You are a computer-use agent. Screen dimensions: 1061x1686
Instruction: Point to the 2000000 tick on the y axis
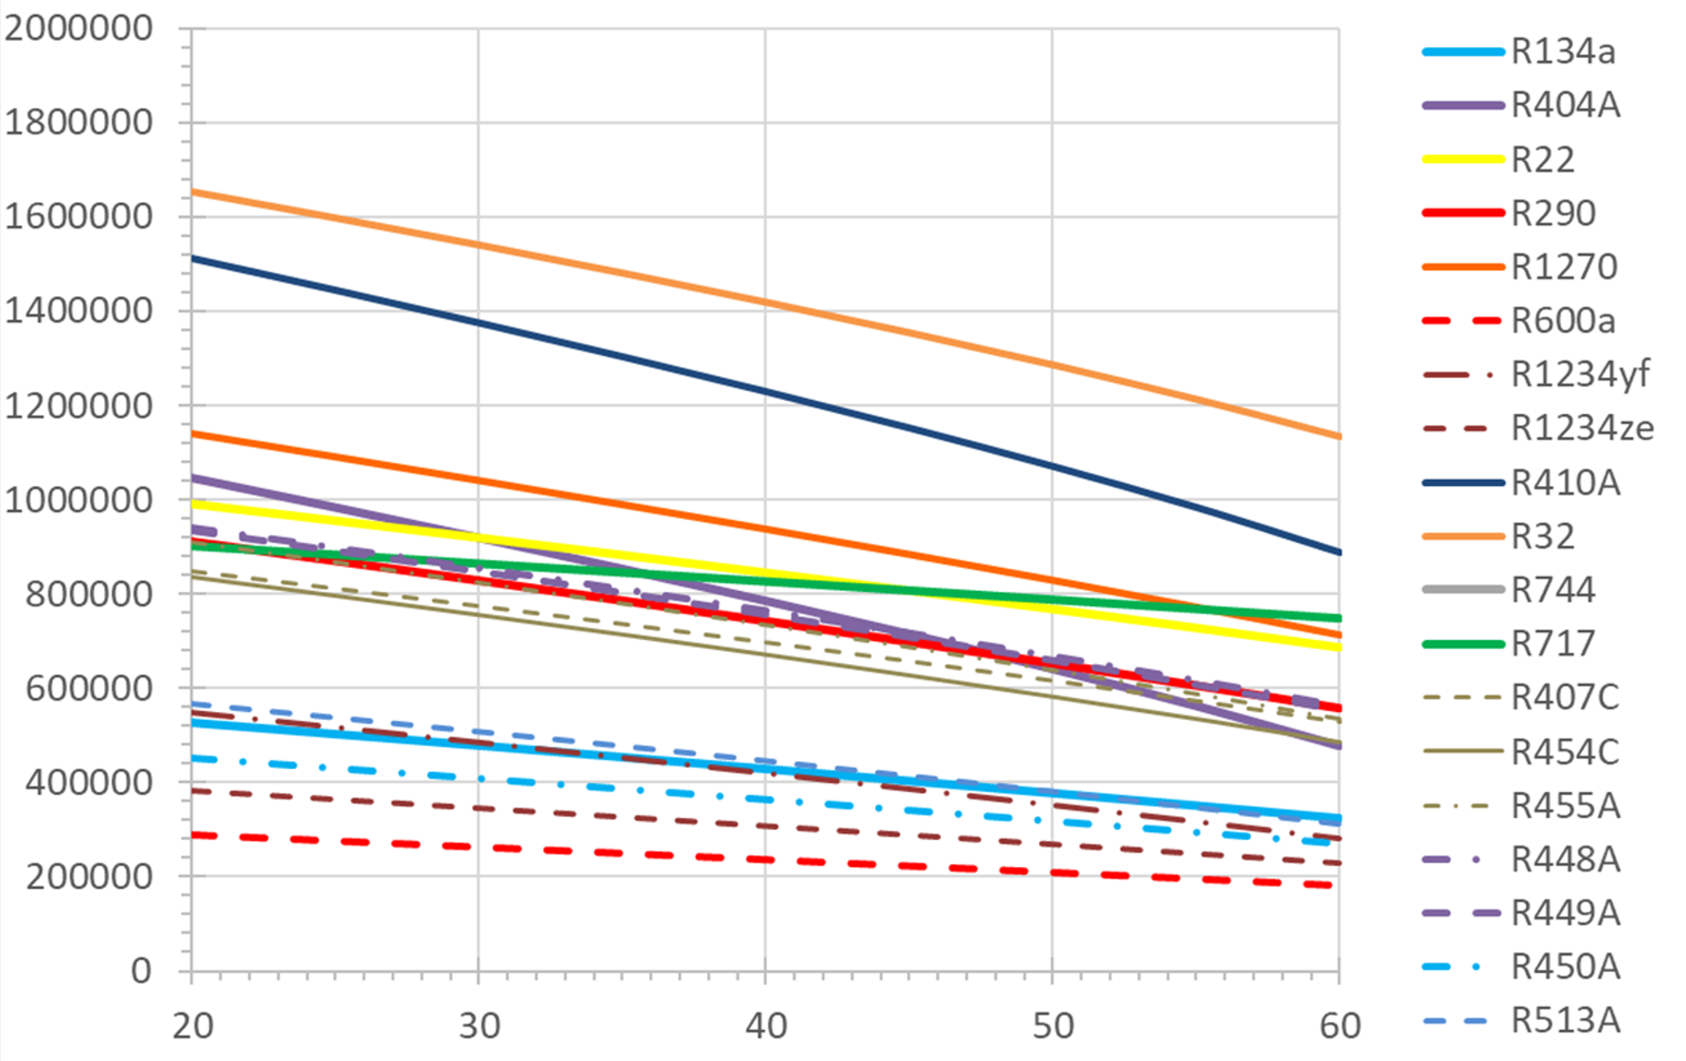78,28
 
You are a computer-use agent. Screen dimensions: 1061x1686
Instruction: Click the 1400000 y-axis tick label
78,312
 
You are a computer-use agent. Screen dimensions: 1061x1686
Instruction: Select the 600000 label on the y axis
89,689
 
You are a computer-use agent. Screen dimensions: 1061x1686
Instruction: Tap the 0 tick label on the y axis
142,971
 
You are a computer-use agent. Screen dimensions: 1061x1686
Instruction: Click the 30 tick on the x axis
479,1026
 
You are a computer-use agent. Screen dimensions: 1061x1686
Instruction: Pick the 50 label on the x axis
1052,1026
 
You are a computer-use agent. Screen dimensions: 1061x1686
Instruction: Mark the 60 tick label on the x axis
1339,1026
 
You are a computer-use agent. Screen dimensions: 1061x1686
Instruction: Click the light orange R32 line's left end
192,191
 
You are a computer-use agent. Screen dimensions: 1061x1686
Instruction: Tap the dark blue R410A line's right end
1339,552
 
